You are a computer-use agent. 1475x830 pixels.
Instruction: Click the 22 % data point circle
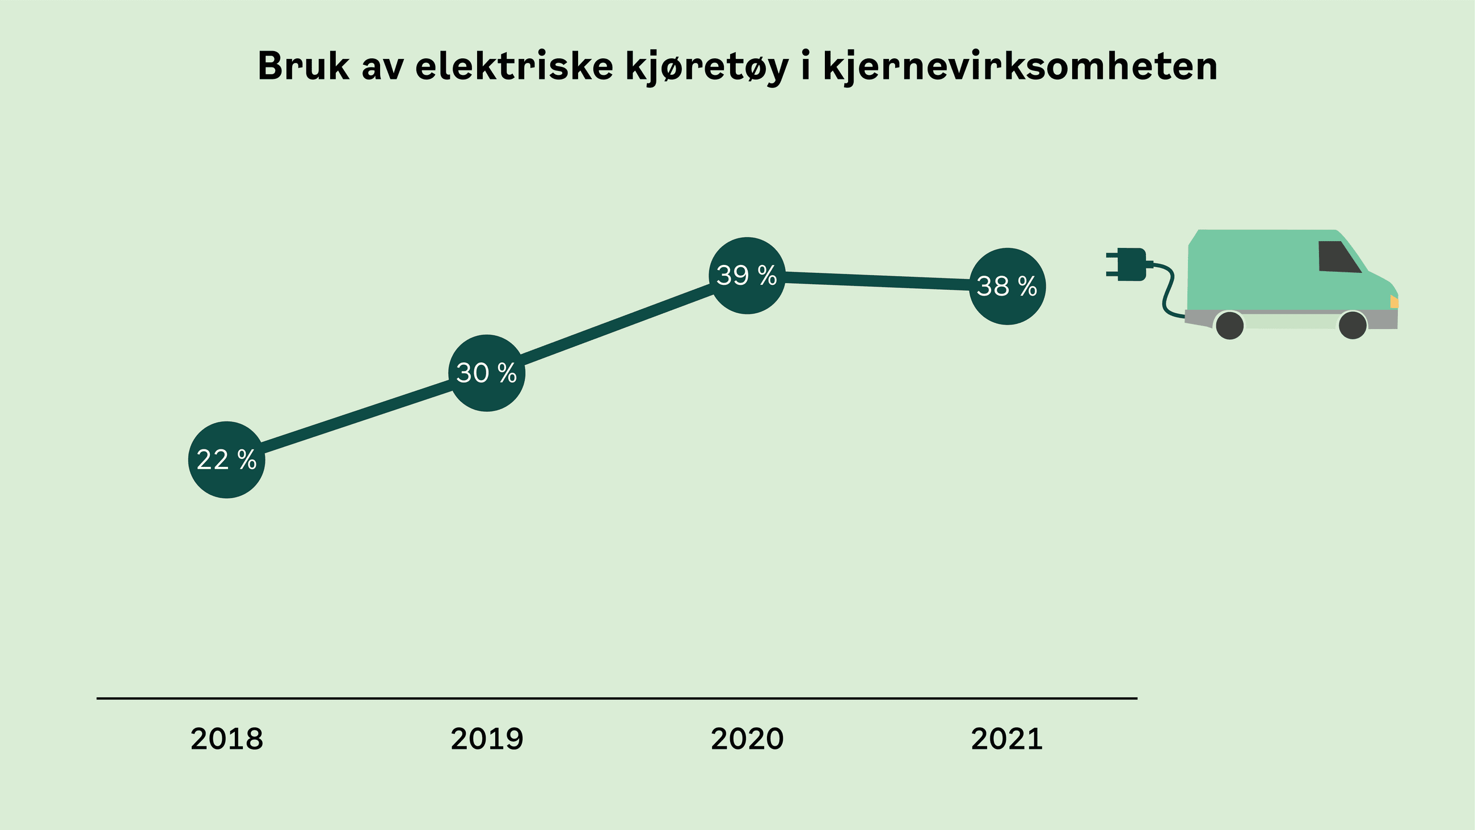(227, 460)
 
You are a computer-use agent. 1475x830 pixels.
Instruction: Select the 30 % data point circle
(487, 373)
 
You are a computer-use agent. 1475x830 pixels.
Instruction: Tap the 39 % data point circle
(747, 276)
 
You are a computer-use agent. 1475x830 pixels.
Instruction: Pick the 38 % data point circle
(1007, 287)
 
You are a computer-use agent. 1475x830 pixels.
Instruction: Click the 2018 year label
(227, 739)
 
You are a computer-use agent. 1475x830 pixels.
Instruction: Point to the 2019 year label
(487, 739)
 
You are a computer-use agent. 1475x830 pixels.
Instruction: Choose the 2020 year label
(747, 739)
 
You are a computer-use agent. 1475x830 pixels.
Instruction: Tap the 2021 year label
(1006, 739)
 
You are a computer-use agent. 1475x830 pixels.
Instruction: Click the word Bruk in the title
(303, 66)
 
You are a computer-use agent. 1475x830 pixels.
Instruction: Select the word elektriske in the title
(514, 66)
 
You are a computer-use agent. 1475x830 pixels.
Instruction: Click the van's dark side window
(1338, 256)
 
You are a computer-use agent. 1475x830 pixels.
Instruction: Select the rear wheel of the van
(1229, 325)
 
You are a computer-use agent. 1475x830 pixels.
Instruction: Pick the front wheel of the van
(1352, 325)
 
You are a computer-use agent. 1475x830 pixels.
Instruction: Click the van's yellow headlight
(1394, 301)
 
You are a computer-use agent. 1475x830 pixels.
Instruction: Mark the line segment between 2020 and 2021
(876, 281)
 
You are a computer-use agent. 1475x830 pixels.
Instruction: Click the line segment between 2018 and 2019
(356, 416)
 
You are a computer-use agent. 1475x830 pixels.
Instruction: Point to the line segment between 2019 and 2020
(617, 324)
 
